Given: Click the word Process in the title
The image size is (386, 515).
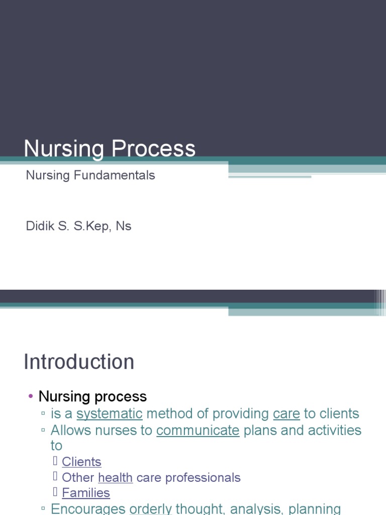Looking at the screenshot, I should (154, 149).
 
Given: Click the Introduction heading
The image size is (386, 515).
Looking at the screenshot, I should (79, 362).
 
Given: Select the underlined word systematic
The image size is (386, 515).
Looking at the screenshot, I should (110, 414).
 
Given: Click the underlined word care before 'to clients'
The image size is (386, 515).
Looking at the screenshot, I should (286, 414).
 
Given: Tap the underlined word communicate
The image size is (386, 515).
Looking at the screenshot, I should (198, 431).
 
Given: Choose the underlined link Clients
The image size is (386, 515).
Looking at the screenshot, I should (81, 462).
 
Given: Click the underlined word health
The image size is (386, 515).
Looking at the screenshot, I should (115, 478).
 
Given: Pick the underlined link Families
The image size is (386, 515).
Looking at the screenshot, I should (86, 493).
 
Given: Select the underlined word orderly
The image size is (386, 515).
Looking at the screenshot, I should (151, 509).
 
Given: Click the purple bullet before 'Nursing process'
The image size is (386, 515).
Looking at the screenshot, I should (31, 397).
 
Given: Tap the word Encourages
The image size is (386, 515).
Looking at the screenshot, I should (88, 509).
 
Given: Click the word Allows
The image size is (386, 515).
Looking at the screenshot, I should (70, 431).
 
